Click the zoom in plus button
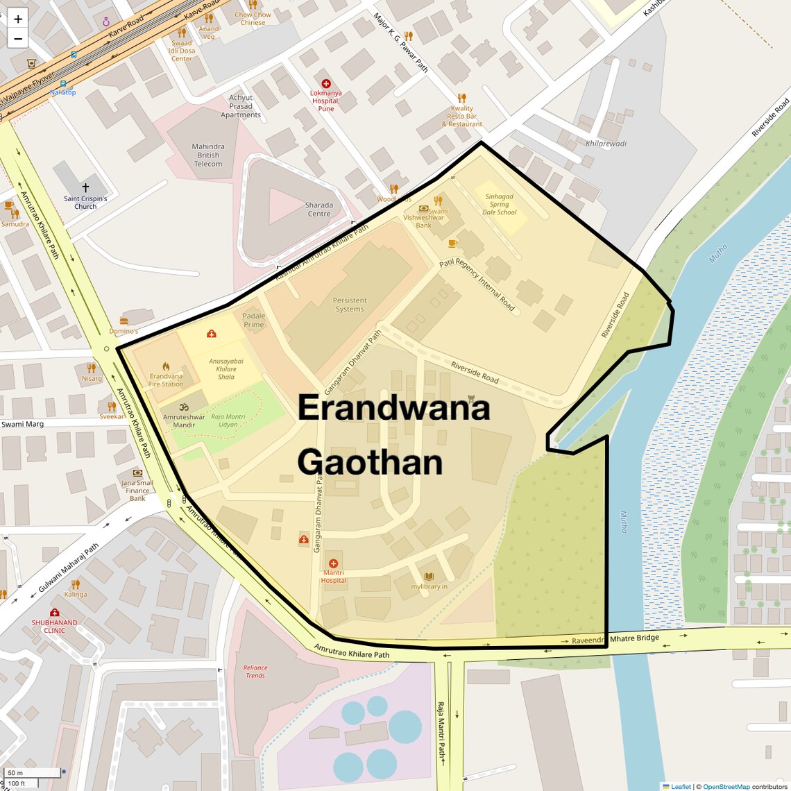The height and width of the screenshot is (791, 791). click(x=18, y=19)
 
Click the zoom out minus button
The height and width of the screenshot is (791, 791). click(x=18, y=39)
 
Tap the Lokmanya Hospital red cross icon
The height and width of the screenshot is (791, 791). click(x=325, y=83)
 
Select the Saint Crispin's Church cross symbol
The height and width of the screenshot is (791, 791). click(x=85, y=188)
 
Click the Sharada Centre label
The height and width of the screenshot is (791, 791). click(x=319, y=210)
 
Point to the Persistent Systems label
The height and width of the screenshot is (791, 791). click(x=350, y=305)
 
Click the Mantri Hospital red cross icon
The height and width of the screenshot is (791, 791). click(x=334, y=563)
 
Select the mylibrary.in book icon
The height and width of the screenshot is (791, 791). click(x=429, y=576)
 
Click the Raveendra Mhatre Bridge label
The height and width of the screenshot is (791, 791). click(x=615, y=639)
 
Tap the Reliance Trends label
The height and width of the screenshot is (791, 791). click(x=255, y=672)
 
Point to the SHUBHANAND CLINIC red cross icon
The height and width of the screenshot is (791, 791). click(x=54, y=612)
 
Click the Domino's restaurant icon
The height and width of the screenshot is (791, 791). click(x=124, y=321)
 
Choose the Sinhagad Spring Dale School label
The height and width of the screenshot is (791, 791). click(x=500, y=204)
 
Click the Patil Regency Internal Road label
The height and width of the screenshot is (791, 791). click(x=477, y=285)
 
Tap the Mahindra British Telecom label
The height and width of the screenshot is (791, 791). click(x=208, y=155)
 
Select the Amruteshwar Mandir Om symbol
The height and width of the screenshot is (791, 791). click(x=184, y=407)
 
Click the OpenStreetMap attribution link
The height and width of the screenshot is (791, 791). click(x=726, y=786)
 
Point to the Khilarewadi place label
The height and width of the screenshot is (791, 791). click(x=606, y=144)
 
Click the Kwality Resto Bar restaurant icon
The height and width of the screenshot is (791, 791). click(x=461, y=98)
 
